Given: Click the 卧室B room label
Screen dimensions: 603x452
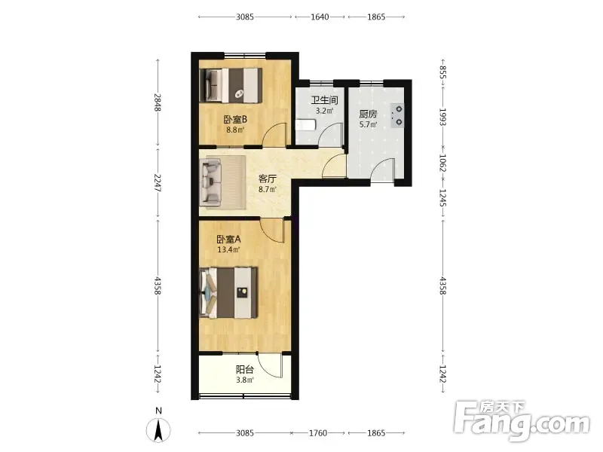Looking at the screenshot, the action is [x=235, y=120].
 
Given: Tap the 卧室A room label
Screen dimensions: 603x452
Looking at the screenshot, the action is [x=229, y=240].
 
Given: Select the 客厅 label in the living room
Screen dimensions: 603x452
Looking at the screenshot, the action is [x=268, y=179].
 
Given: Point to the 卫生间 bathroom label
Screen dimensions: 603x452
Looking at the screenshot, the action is [x=325, y=101].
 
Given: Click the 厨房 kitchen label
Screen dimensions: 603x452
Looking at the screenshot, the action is [x=368, y=115].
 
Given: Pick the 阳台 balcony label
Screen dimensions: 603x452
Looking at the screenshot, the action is [x=244, y=370].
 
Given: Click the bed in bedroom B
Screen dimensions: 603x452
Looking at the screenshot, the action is [x=231, y=85].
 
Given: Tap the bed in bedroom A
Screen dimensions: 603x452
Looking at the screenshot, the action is [x=228, y=293].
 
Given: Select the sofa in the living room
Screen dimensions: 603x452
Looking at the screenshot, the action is [x=211, y=182].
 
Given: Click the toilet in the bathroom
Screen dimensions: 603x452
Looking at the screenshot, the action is [x=306, y=124].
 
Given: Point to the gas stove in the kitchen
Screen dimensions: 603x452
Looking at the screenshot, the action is [x=397, y=116].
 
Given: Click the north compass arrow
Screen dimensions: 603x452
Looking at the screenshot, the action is [x=158, y=430].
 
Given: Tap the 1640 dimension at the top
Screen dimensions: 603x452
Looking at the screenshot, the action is [x=320, y=17].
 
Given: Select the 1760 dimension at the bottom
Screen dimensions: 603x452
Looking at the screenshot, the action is [x=318, y=433].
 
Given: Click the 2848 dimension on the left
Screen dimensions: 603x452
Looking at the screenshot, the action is [x=158, y=102].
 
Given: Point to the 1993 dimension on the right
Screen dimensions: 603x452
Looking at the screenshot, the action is [x=443, y=118].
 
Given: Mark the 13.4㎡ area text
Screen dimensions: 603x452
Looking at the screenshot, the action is [x=229, y=250].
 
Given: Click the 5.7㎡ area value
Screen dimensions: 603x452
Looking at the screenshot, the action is [x=368, y=124].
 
